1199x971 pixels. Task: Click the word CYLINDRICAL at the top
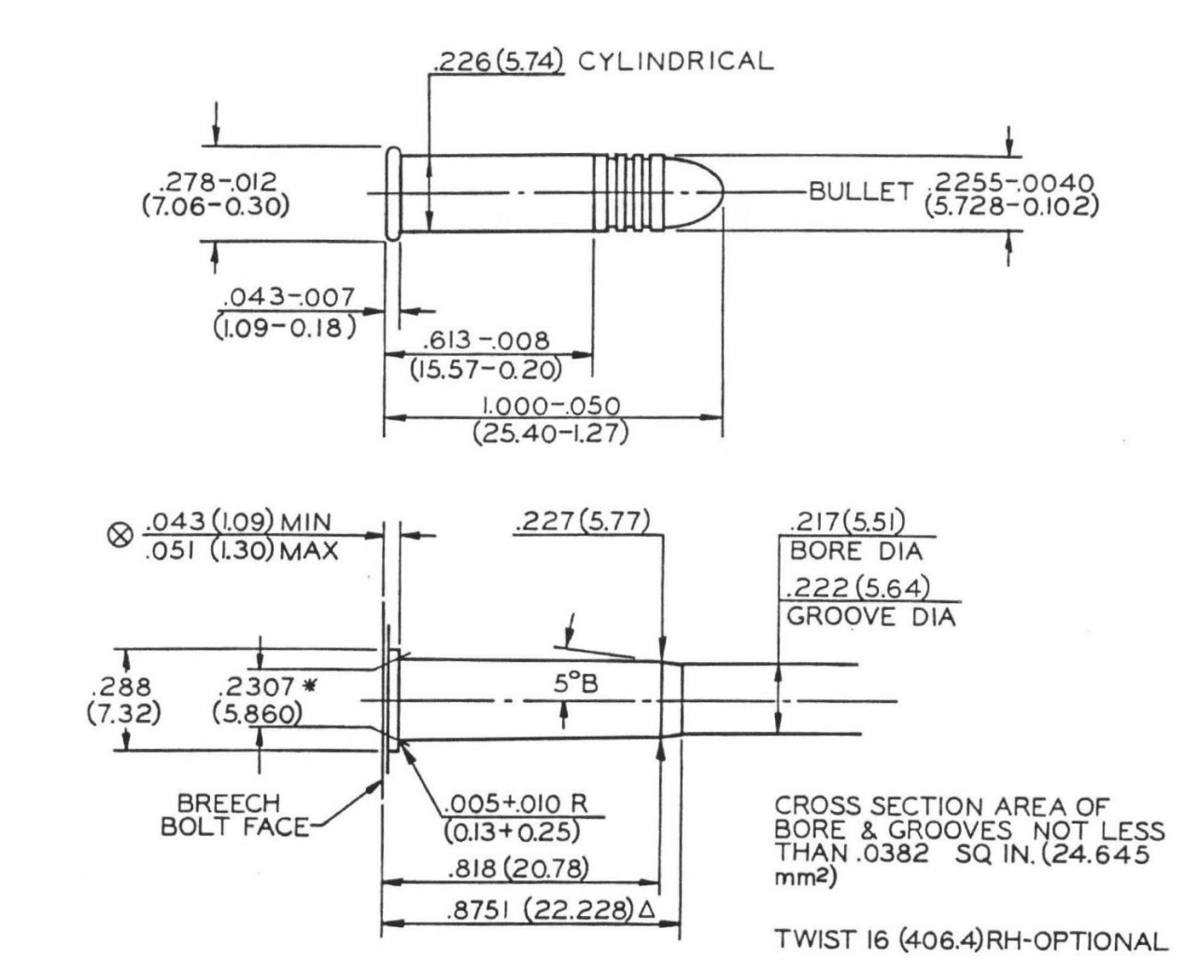click(676, 62)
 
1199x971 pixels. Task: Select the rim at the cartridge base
click(393, 194)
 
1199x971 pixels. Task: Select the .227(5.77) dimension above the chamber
click(582, 521)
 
